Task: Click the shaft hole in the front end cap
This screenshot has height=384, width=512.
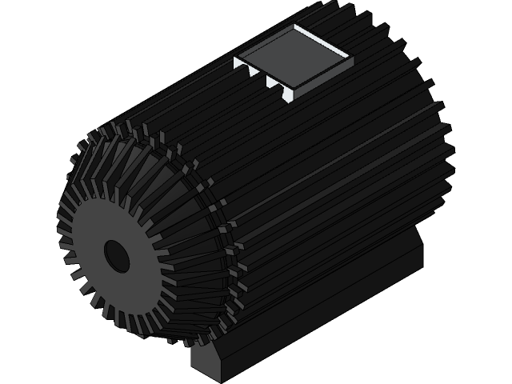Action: click(x=117, y=255)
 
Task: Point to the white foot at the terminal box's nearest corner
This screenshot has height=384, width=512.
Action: click(x=290, y=94)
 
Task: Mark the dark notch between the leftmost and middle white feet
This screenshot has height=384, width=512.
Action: click(x=254, y=73)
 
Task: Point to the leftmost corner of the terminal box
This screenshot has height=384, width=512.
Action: click(x=234, y=59)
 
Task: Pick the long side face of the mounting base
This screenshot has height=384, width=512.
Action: click(x=320, y=320)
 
